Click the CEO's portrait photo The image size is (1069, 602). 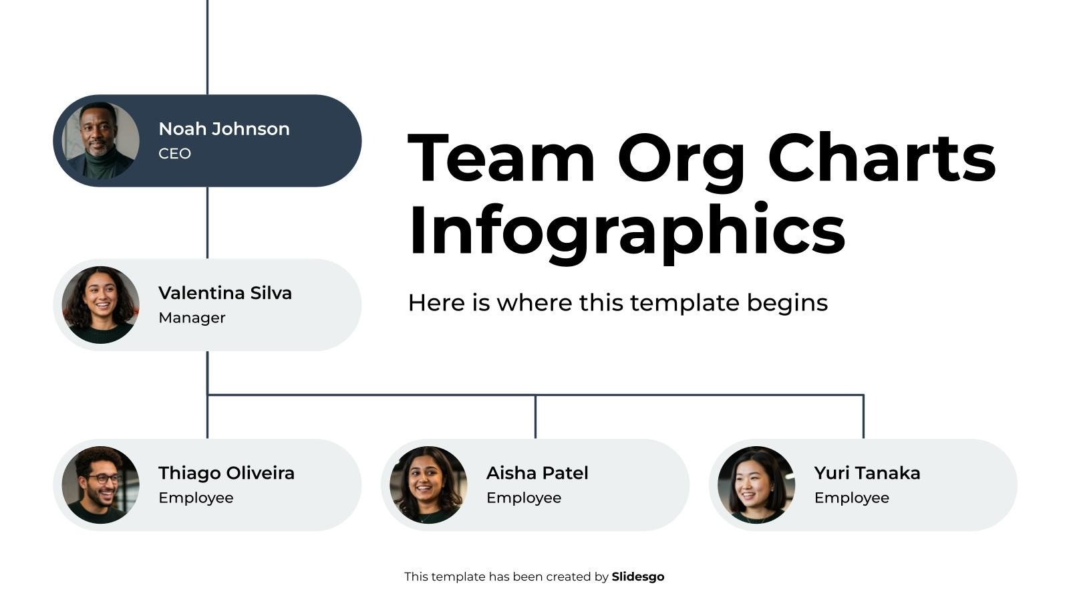click(x=100, y=140)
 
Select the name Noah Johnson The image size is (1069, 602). click(x=224, y=129)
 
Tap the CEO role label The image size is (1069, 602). click(x=174, y=154)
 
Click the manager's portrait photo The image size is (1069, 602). click(x=100, y=305)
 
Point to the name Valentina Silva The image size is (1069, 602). click(x=225, y=294)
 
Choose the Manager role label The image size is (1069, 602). click(x=192, y=318)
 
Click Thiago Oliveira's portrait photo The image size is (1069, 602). click(x=100, y=485)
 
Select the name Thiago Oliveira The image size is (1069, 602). click(x=226, y=474)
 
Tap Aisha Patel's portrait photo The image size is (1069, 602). click(x=428, y=485)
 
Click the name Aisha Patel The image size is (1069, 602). click(x=537, y=474)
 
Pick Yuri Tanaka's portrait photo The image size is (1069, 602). click(x=756, y=485)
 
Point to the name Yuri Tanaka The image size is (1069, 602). click(x=867, y=474)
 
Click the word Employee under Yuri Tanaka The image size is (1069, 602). click(x=852, y=498)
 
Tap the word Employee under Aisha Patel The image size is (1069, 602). click(x=524, y=498)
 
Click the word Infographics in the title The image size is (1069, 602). click(x=627, y=231)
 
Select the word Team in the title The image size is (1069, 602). click(x=501, y=159)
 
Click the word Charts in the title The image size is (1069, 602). click(x=881, y=159)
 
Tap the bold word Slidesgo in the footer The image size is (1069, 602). click(x=638, y=577)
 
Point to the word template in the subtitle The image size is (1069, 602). click(x=684, y=303)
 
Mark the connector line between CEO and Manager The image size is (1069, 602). click(x=207, y=222)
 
